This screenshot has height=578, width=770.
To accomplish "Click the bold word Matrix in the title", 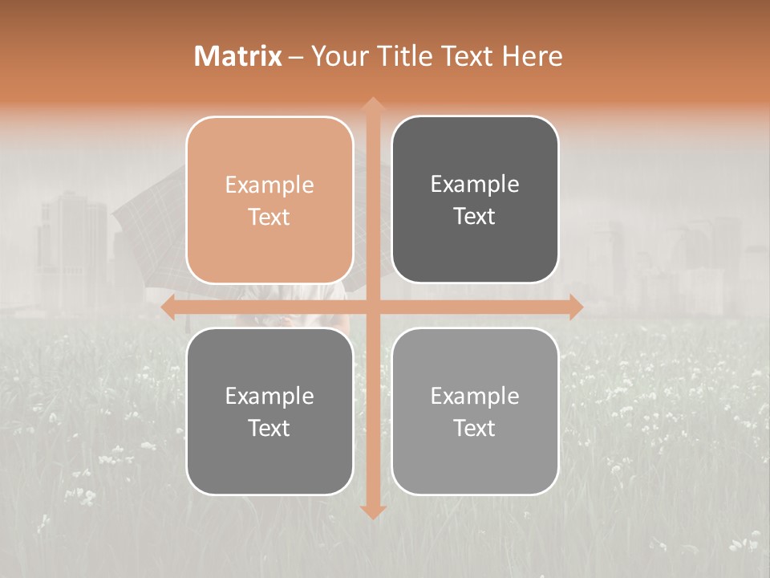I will tap(238, 56).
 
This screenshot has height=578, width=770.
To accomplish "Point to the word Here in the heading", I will tap(533, 56).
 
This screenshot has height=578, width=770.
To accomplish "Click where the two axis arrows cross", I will tap(372, 307).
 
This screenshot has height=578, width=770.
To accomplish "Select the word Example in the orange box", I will tap(269, 185).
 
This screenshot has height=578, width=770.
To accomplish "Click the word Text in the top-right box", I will tap(475, 217).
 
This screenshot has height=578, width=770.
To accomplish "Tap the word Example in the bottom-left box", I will tap(269, 397).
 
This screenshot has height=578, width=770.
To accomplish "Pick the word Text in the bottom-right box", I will tap(475, 428).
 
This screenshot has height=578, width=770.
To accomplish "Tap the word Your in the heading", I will tap(338, 56).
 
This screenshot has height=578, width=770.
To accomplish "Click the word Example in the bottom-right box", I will tap(475, 397).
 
